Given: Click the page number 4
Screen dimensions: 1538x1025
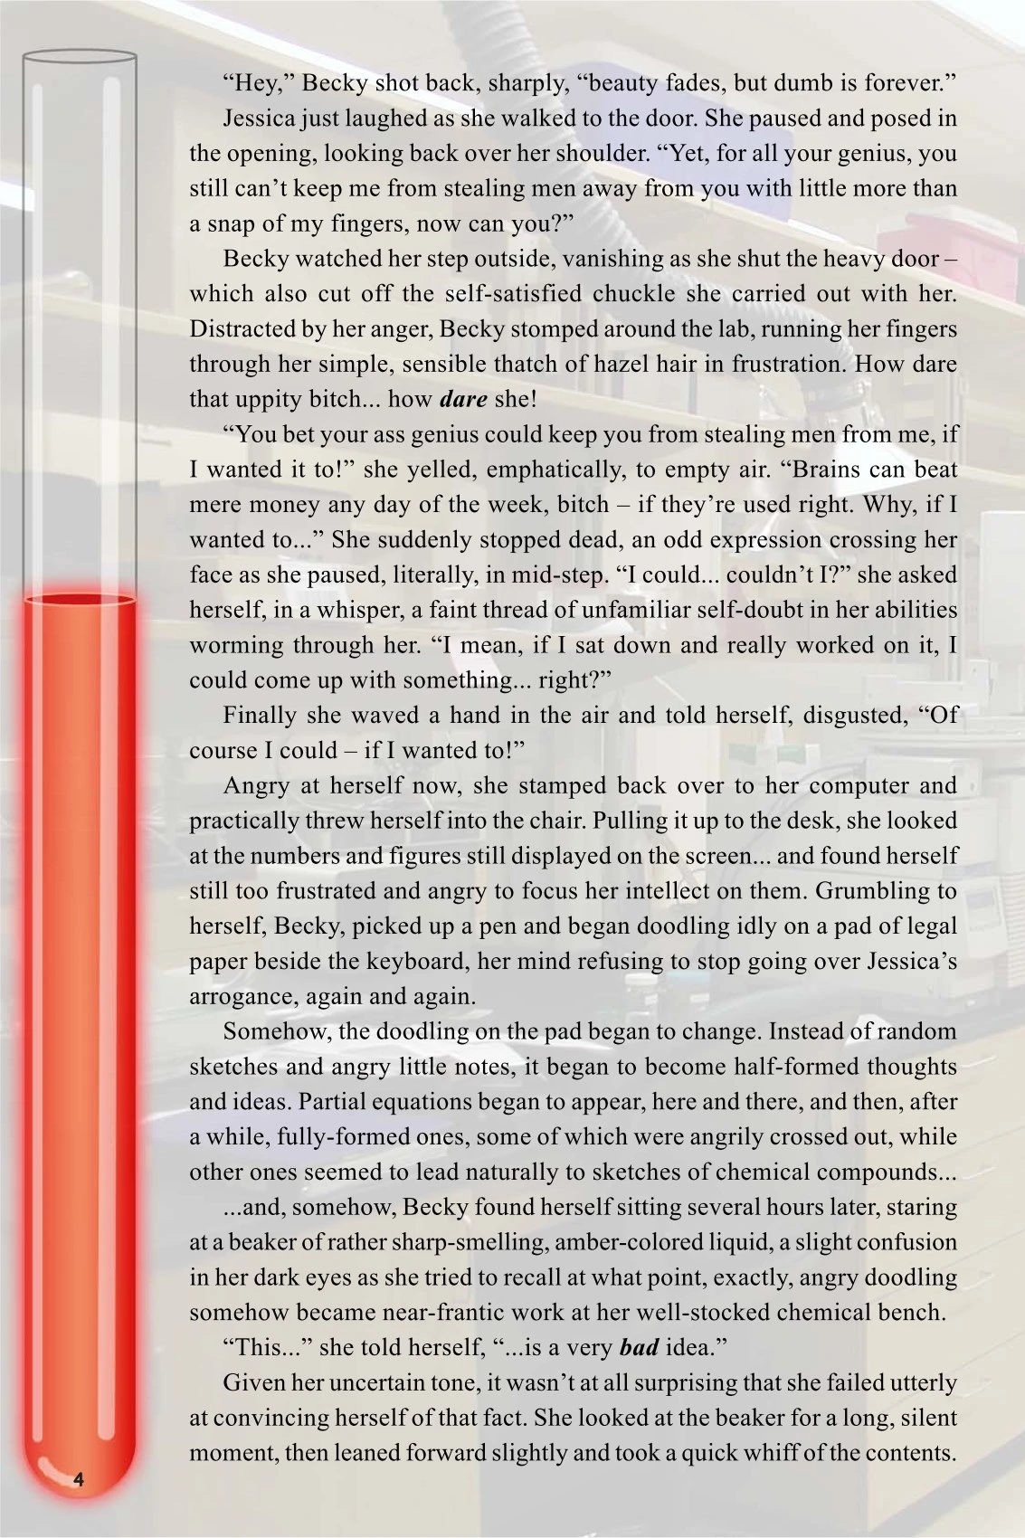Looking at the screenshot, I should [79, 1480].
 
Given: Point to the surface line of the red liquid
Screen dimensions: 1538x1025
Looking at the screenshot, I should [80, 599].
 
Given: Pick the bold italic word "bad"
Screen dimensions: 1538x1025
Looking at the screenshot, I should [639, 1347].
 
